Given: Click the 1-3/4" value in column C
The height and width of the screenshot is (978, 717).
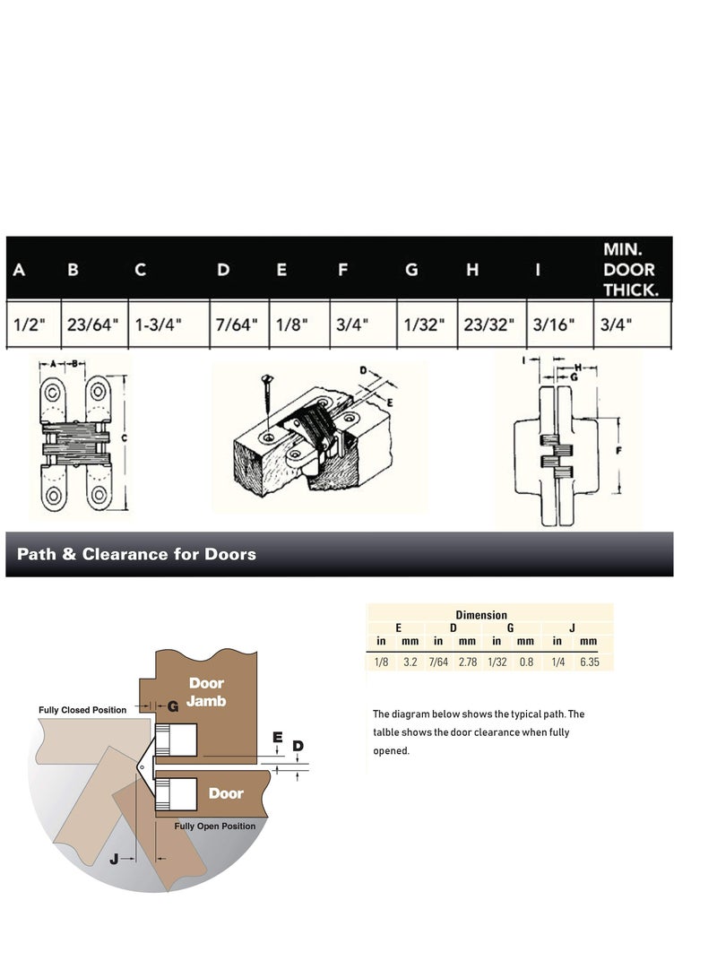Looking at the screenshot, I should click(x=158, y=325).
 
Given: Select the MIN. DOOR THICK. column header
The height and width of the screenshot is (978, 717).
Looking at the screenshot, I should click(x=629, y=269).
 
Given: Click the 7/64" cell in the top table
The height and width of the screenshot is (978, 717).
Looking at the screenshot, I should click(x=236, y=325).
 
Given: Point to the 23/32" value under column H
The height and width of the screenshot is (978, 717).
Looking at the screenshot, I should click(x=489, y=325).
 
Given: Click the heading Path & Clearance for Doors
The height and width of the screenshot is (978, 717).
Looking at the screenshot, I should click(x=136, y=554).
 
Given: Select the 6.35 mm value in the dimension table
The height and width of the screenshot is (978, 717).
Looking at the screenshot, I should click(x=588, y=662).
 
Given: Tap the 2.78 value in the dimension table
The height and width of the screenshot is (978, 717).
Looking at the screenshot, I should click(x=467, y=662).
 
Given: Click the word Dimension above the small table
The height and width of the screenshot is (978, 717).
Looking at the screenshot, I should click(x=481, y=615).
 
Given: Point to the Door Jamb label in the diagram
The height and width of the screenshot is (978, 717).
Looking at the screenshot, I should click(x=206, y=692).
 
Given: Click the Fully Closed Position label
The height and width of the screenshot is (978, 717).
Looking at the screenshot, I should click(x=82, y=710).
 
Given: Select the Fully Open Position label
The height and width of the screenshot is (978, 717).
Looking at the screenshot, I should click(x=214, y=826).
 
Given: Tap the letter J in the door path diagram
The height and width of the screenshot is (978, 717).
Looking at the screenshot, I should click(x=114, y=859).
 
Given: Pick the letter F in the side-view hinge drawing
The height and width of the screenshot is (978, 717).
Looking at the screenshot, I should click(x=619, y=450).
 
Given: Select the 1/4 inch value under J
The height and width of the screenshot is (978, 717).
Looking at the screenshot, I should click(x=557, y=662).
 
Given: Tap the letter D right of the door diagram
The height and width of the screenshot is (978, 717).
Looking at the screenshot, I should click(x=298, y=746).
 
